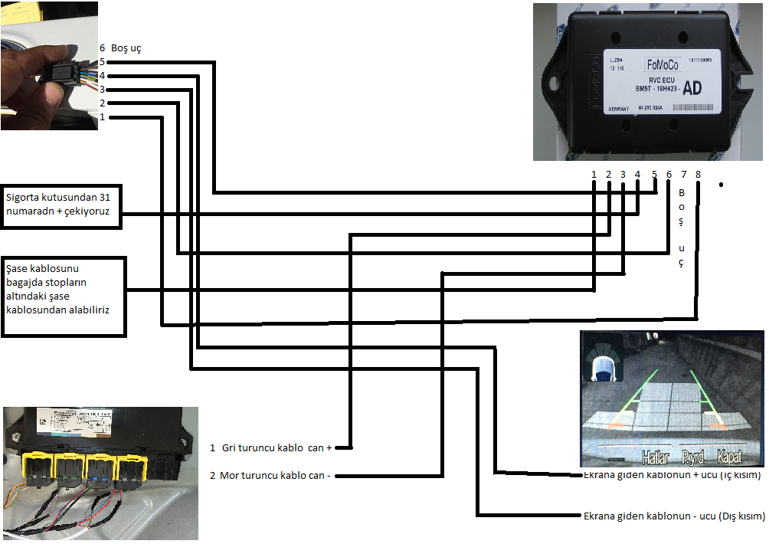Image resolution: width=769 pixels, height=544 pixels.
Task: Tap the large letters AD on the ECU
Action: pyautogui.click(x=692, y=88)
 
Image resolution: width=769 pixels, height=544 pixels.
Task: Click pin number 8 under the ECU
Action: pyautogui.click(x=698, y=175)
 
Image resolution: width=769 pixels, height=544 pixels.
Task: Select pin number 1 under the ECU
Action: pyautogui.click(x=594, y=175)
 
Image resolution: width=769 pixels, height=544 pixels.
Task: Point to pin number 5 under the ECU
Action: pyautogui.click(x=653, y=175)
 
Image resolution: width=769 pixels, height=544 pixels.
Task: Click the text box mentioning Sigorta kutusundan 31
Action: pyautogui.click(x=62, y=206)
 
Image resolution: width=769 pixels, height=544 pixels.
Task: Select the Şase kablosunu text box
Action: pyautogui.click(x=64, y=297)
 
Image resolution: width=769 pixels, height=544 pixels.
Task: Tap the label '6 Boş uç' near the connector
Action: pyautogui.click(x=120, y=48)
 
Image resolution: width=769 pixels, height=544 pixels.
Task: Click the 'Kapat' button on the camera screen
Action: pyautogui.click(x=728, y=457)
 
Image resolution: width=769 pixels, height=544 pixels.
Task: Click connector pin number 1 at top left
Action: pyautogui.click(x=102, y=117)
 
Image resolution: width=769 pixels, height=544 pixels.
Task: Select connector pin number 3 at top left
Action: pyautogui.click(x=102, y=90)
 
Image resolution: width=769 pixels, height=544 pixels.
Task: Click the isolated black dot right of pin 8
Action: pyautogui.click(x=721, y=185)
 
